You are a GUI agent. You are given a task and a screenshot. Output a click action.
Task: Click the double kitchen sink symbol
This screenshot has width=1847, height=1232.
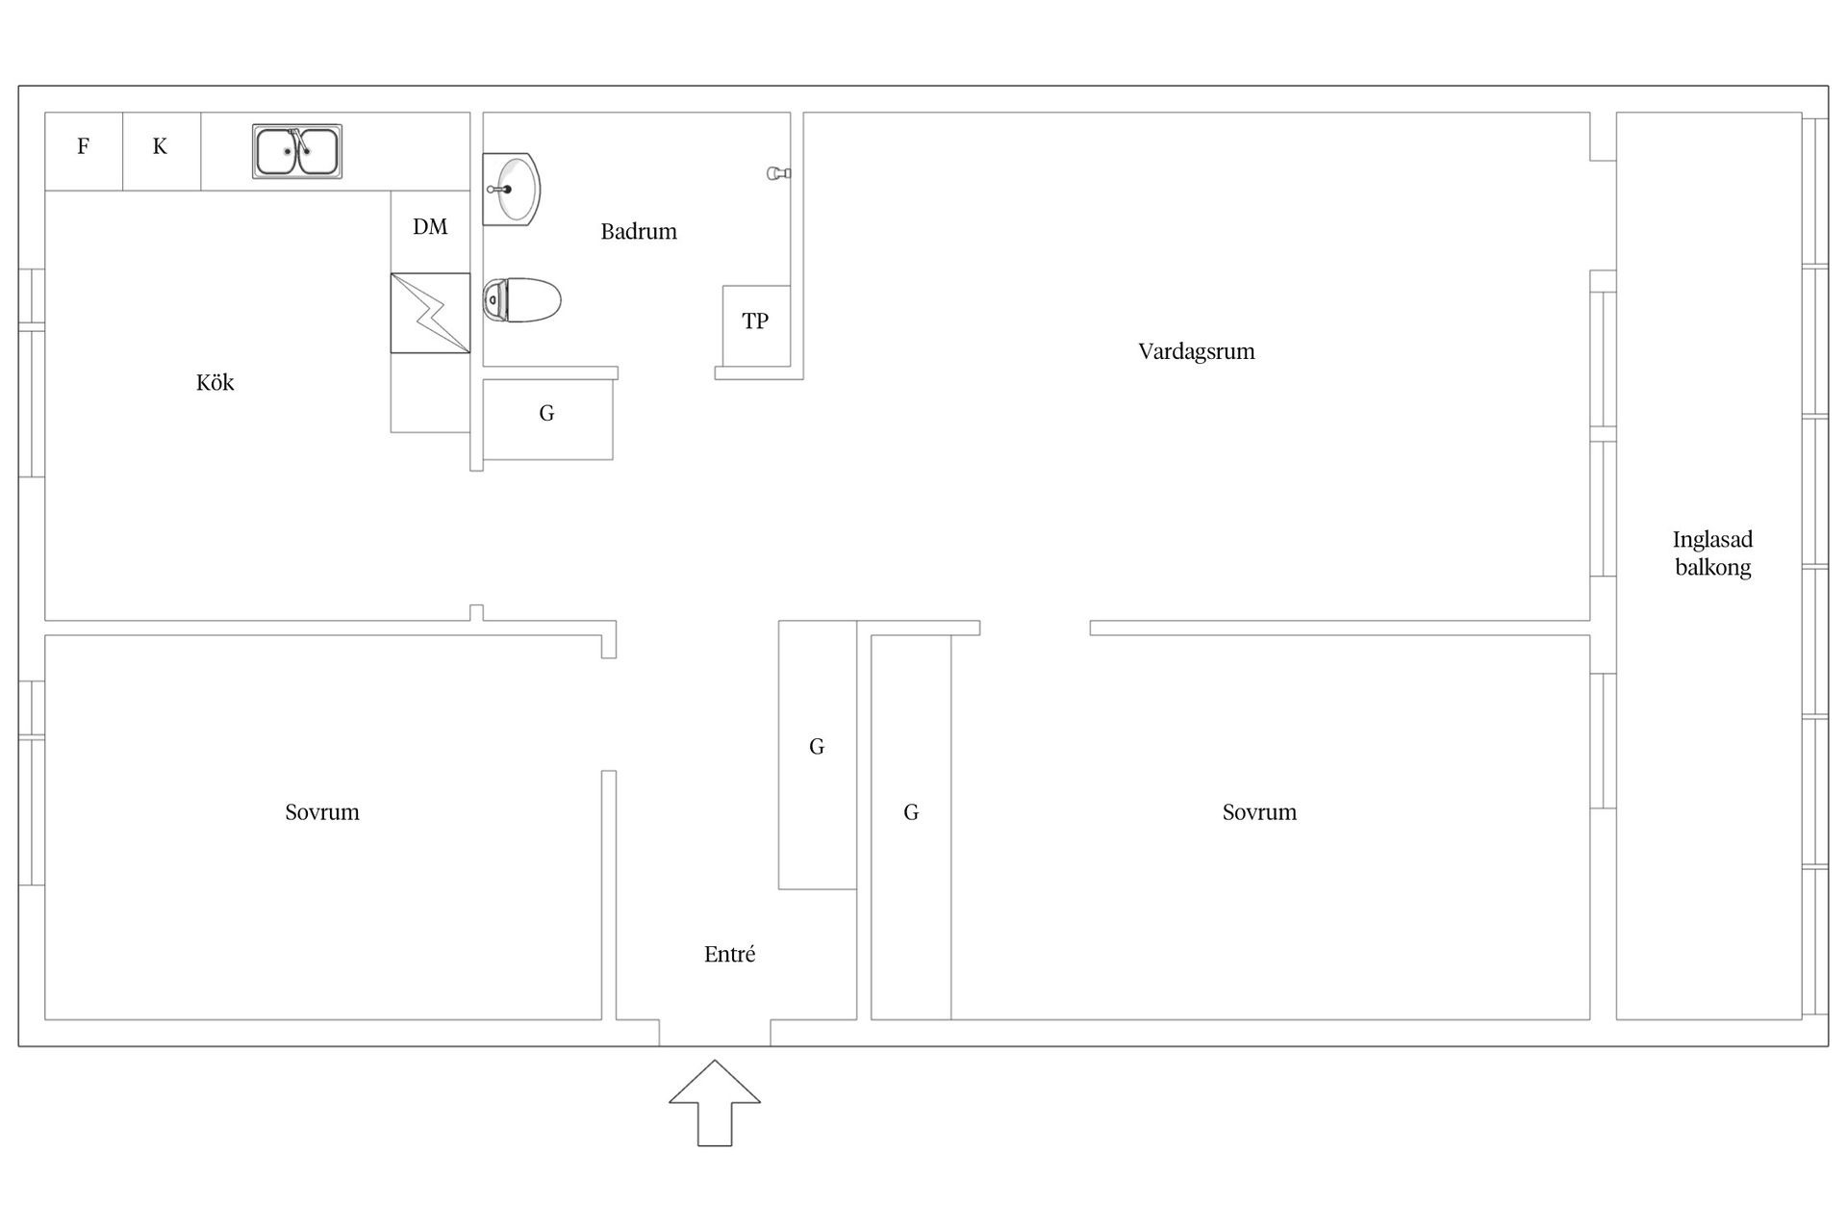coord(297,151)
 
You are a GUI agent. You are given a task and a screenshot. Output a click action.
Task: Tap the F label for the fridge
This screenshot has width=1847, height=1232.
coord(84,146)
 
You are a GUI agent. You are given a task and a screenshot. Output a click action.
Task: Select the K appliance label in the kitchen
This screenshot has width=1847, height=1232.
coord(160,146)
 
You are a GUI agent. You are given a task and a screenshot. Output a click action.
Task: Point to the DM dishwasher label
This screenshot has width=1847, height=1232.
coord(430,227)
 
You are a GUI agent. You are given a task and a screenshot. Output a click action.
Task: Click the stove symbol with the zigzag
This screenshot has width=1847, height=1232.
coord(430,313)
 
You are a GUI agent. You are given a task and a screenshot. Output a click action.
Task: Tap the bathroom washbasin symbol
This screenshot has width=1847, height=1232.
coord(511,189)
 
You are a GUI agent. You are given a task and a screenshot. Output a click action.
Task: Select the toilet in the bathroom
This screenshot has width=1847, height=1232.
coord(521,300)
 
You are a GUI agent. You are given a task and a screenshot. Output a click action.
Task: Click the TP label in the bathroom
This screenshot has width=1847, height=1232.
coord(755,321)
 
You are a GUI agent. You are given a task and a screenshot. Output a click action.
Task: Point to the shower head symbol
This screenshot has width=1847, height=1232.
coord(778,173)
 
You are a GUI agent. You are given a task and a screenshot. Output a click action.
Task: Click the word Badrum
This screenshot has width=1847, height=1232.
coord(639,232)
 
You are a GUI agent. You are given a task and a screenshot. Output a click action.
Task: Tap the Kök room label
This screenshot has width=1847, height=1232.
coord(215,383)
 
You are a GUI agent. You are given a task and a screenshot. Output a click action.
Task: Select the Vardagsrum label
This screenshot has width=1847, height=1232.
coord(1197,351)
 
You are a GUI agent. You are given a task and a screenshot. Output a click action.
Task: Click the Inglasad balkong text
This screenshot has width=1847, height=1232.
coord(1712,553)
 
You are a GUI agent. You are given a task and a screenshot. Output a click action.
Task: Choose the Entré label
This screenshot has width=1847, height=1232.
coord(729,954)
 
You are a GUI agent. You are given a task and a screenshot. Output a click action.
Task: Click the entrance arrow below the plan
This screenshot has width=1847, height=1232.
coord(715,1103)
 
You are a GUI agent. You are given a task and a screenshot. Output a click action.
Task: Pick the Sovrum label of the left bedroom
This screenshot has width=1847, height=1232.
coord(322,812)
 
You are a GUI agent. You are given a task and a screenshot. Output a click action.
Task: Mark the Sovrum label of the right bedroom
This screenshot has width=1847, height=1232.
coord(1259,812)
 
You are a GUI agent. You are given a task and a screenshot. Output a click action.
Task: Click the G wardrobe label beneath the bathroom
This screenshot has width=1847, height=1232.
coord(546,414)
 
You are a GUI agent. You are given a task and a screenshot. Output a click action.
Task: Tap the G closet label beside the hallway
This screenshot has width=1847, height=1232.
coord(817,747)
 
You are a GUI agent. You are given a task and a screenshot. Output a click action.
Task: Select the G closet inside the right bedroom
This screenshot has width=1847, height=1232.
coord(911,812)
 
